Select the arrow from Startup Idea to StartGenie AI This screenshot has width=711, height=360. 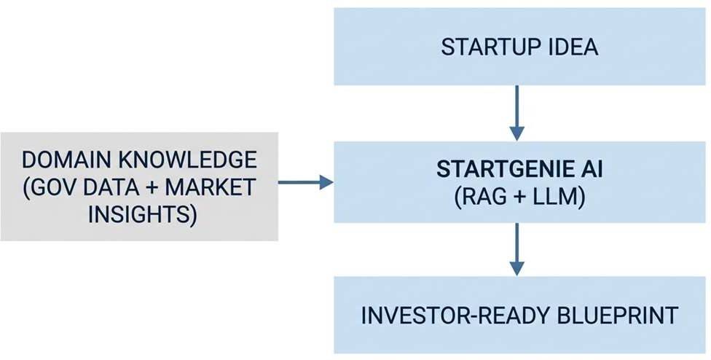517,113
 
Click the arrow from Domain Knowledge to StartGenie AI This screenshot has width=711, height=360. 306,182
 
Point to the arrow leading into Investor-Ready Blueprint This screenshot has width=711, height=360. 517,249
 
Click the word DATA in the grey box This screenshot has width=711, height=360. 110,187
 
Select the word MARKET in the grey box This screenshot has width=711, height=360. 210,187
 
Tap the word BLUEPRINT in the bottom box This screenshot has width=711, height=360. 617,316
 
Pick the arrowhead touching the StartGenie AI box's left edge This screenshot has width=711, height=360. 326,182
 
